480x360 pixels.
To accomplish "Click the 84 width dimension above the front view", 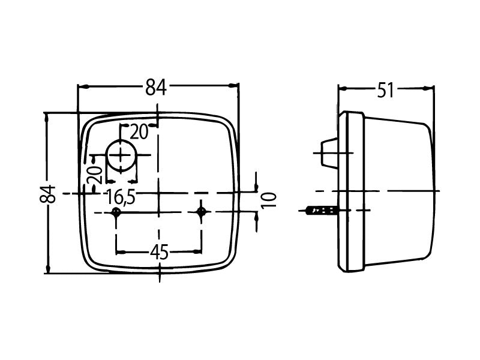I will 155,88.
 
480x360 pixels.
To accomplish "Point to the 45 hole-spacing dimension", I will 158,253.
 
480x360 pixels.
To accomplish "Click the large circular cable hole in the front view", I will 122,156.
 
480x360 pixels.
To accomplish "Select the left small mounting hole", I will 116,212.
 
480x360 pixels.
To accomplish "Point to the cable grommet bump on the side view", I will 329,154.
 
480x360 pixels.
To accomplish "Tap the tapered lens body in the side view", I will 399,191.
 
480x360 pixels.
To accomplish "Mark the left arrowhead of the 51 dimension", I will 343,89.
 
